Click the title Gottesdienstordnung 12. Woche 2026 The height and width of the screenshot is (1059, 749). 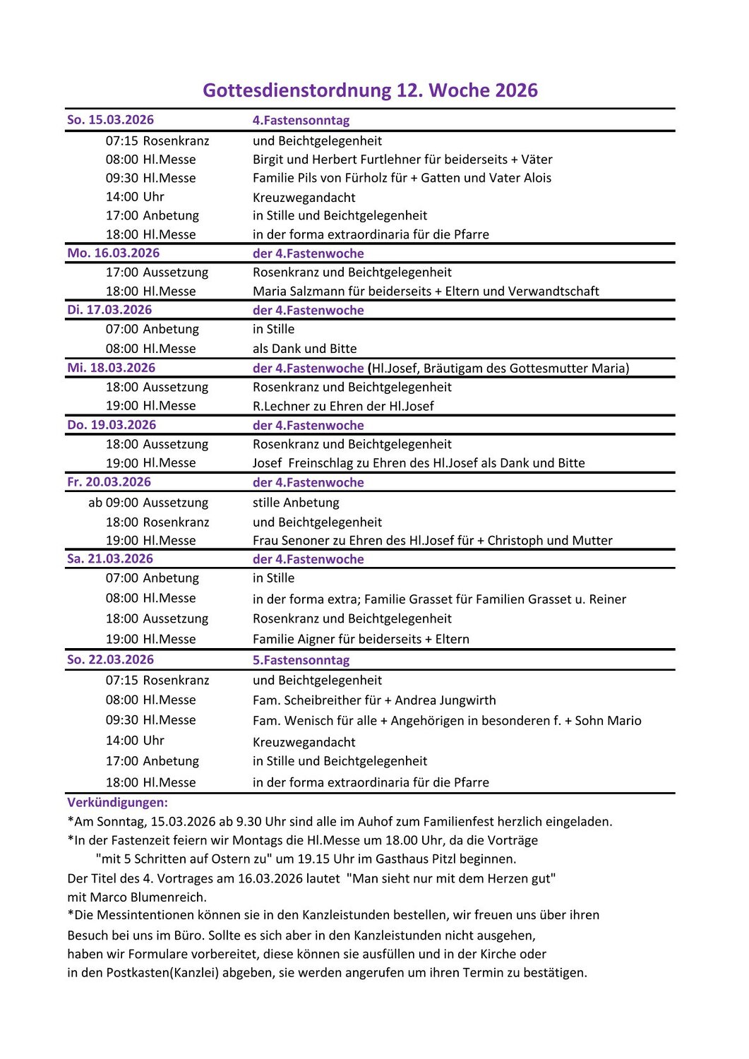click(370, 90)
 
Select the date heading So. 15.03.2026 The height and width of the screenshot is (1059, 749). click(110, 120)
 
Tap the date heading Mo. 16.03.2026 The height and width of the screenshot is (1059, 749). click(113, 253)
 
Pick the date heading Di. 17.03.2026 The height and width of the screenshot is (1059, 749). click(109, 310)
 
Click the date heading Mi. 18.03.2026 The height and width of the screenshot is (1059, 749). click(112, 368)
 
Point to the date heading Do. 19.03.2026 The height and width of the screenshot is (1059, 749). click(112, 425)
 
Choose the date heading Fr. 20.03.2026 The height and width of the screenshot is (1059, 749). click(109, 482)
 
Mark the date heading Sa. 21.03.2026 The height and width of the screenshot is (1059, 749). click(110, 559)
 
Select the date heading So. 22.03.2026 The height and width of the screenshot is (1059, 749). click(110, 659)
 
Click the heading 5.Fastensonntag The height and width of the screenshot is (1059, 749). click(301, 660)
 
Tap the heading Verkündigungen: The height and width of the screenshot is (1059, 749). click(117, 803)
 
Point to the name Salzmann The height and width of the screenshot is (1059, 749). click(318, 291)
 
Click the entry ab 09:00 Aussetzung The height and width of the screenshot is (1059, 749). click(148, 503)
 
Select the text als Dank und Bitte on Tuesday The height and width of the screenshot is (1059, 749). click(305, 349)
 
